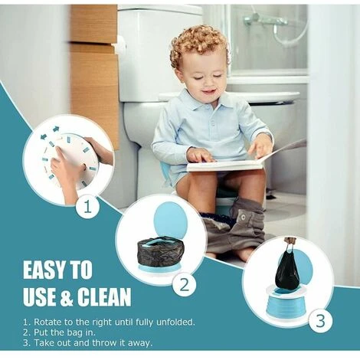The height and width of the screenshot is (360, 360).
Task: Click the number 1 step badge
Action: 87,206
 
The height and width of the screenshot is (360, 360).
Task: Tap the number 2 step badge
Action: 184,285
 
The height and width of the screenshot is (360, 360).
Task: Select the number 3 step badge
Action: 321,320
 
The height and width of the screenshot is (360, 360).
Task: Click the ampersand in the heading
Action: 67,297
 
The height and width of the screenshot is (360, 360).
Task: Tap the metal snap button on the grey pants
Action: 243,217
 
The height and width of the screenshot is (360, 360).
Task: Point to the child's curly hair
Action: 198,47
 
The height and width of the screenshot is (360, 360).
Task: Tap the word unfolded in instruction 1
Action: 175,322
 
